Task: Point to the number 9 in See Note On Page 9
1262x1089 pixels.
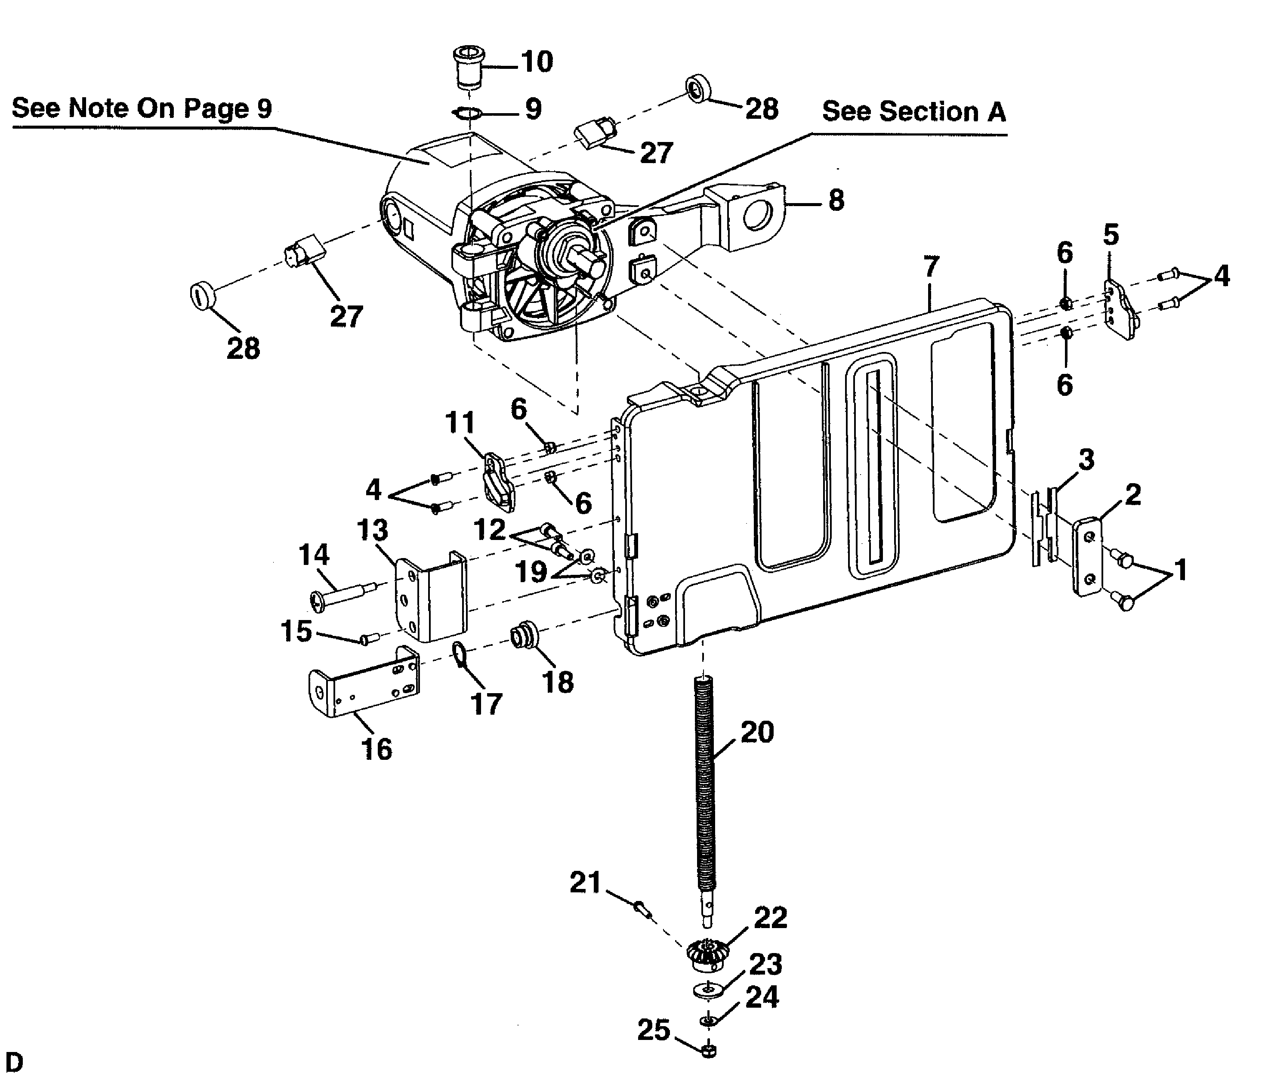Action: (x=264, y=108)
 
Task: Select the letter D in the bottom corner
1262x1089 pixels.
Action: (x=13, y=1062)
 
